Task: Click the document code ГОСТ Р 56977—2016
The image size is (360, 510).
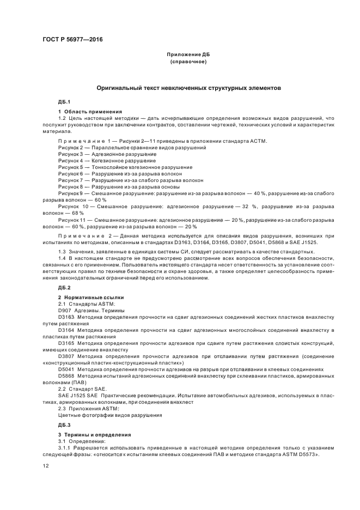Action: (72, 40)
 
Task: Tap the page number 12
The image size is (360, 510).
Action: (46, 465)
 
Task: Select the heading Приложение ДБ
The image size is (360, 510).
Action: (188, 55)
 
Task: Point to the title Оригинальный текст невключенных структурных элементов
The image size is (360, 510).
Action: (188, 87)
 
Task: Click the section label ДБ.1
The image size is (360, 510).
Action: (64, 102)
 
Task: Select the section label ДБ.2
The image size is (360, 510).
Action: (64, 287)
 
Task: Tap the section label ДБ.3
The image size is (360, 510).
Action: (64, 424)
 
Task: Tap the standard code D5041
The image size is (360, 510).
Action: (65, 369)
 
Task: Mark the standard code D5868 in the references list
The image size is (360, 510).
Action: (65, 375)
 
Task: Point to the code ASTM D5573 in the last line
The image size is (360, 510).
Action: (299, 454)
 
